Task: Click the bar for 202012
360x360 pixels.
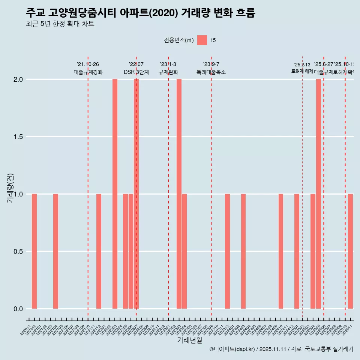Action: click(x=34, y=251)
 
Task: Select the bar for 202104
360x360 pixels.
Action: click(x=55, y=251)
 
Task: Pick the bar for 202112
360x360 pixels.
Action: click(x=99, y=251)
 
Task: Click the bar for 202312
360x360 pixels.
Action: click(x=227, y=251)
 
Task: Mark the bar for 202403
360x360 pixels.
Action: click(x=243, y=251)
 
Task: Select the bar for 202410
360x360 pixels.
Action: click(x=281, y=251)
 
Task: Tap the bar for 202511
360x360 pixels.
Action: click(x=350, y=251)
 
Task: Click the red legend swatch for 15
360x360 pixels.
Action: click(x=202, y=40)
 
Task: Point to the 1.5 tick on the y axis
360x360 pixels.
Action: click(x=18, y=137)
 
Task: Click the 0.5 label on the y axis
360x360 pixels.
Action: click(x=18, y=252)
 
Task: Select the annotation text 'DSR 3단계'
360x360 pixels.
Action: click(x=136, y=72)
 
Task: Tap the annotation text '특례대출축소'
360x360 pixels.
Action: click(x=211, y=72)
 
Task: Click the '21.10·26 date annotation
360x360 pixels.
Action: click(x=88, y=64)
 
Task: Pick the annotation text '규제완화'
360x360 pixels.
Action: click(x=168, y=72)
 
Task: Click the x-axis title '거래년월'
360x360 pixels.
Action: click(x=189, y=340)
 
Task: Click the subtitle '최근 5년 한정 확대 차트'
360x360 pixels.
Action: click(x=60, y=24)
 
